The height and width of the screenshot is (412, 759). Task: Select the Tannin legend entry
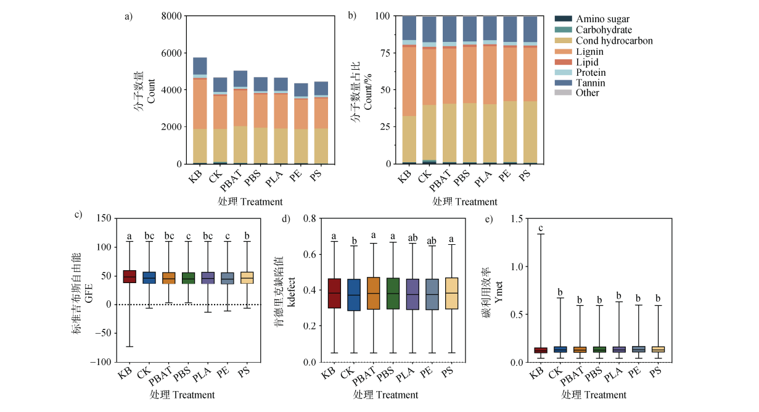click(x=591, y=83)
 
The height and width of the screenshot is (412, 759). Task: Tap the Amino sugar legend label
click(x=602, y=20)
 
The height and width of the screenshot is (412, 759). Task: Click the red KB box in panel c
click(x=129, y=276)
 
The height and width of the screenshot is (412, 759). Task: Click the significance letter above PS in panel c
click(x=248, y=236)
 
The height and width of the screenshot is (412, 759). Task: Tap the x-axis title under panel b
click(x=464, y=202)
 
